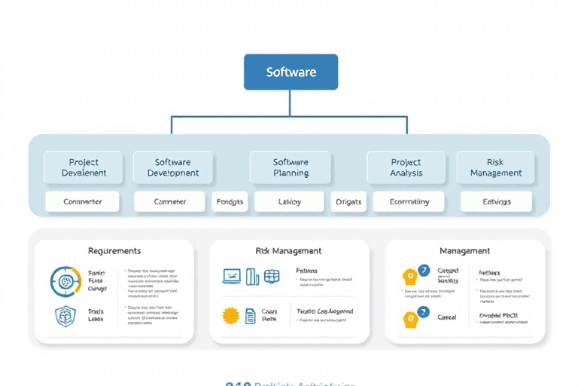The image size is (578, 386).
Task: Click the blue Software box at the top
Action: tap(291, 72)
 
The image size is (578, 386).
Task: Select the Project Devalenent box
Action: tap(83, 167)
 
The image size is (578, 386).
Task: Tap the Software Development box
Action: tap(172, 167)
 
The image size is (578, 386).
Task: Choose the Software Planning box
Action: tap(290, 167)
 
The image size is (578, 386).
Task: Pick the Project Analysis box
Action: tap(406, 167)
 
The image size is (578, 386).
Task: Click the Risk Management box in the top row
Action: tap(495, 167)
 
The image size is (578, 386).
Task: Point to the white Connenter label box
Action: tap(83, 201)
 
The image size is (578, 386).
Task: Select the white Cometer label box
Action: tap(169, 201)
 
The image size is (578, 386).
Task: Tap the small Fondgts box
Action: tap(230, 201)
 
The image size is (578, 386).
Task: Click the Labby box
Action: tap(289, 201)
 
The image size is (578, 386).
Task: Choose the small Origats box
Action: tap(348, 201)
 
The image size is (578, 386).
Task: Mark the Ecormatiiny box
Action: tap(409, 201)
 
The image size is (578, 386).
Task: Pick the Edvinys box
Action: tap(496, 201)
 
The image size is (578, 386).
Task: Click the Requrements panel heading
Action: tap(114, 250)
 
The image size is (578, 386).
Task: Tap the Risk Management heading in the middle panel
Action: tap(289, 250)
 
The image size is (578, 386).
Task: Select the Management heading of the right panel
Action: tap(464, 250)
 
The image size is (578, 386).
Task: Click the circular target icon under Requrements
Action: tap(65, 281)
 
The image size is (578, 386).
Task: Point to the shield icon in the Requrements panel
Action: tap(65, 315)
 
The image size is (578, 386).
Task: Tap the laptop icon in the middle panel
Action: tap(231, 277)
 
